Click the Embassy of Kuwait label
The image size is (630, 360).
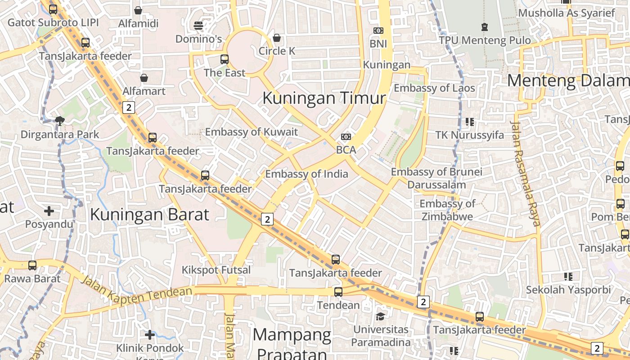click(x=252, y=132)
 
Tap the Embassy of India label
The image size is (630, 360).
click(x=306, y=174)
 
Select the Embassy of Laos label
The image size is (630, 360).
click(x=434, y=88)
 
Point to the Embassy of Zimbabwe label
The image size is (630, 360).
click(x=447, y=210)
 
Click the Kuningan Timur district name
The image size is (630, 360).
click(x=324, y=98)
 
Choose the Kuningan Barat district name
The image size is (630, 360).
click(x=149, y=214)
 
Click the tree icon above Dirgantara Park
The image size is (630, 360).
click(x=59, y=120)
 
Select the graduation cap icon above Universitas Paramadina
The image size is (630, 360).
click(x=381, y=316)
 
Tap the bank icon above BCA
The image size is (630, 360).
click(x=346, y=136)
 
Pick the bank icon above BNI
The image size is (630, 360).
click(x=378, y=31)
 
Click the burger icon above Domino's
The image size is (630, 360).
click(x=198, y=25)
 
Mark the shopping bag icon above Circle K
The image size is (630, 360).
click(x=277, y=37)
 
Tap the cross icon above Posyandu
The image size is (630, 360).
click(x=49, y=211)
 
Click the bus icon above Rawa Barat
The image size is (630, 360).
click(x=32, y=265)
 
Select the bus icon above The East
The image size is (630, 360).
click(x=225, y=59)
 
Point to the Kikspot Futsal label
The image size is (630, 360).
click(x=216, y=270)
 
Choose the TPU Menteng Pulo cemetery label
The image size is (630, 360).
click(x=485, y=40)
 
